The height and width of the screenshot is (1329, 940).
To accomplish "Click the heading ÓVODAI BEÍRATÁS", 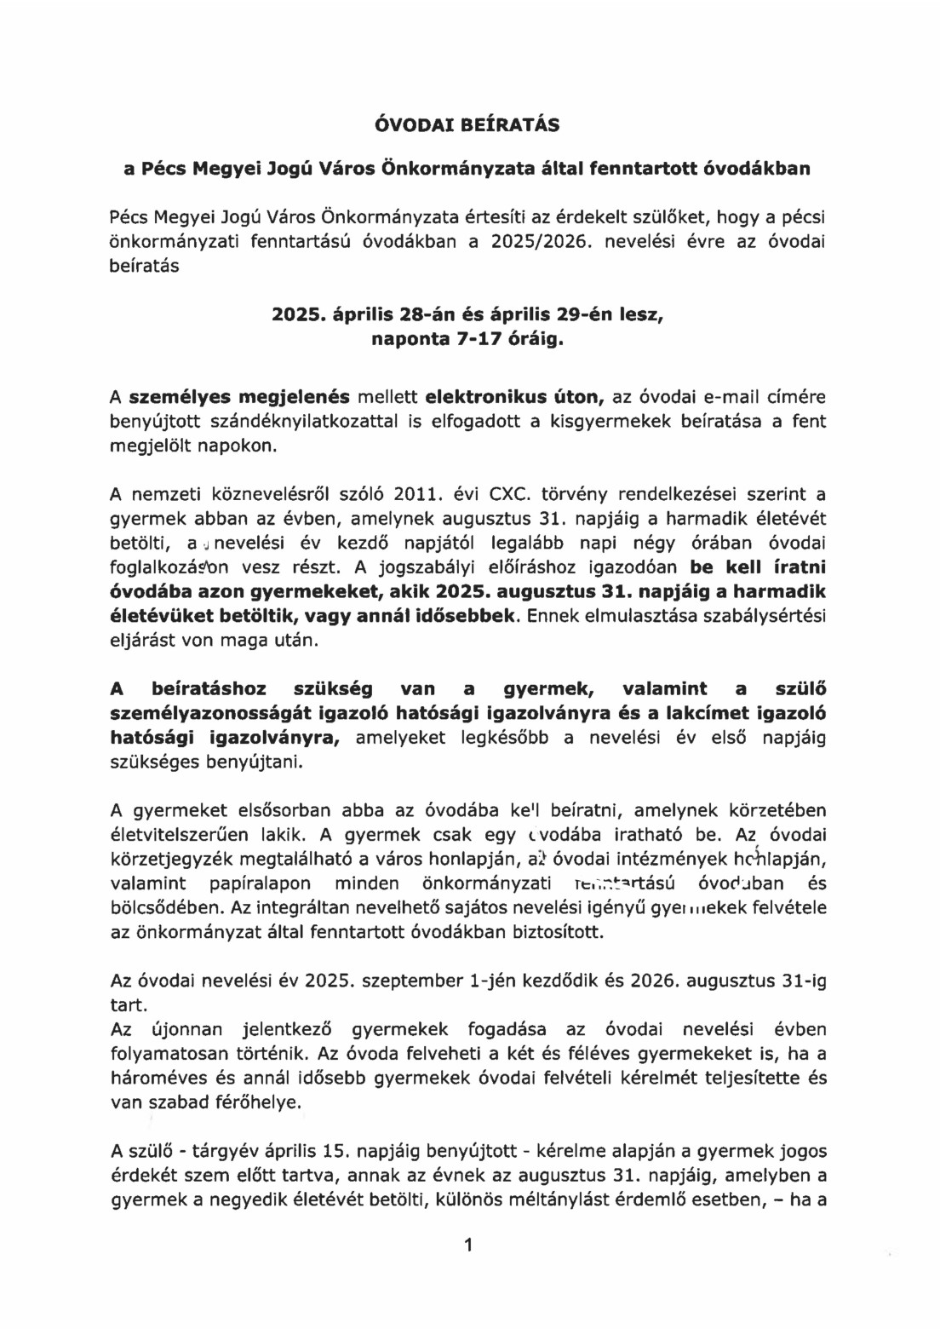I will point(467,124).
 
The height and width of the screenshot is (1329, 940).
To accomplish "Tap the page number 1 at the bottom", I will point(467,1246).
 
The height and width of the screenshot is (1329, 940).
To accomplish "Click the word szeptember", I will point(413,981).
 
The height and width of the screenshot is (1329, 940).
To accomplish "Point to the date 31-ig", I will point(803,981).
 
